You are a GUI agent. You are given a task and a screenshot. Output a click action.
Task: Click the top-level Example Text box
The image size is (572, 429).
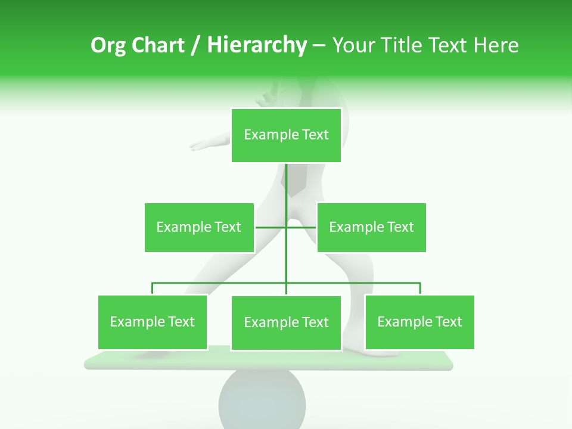(286, 135)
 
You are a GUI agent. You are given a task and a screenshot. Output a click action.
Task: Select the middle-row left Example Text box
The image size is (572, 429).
(199, 227)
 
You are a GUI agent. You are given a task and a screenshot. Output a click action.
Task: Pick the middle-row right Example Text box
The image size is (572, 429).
(371, 227)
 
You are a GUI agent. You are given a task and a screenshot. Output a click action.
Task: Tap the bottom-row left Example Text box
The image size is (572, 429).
(153, 322)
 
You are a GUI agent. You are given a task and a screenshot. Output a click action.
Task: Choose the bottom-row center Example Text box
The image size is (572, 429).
(286, 323)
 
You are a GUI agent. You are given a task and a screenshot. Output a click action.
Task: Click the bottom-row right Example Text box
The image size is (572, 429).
(419, 322)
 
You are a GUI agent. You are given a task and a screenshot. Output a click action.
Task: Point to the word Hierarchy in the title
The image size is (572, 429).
(257, 45)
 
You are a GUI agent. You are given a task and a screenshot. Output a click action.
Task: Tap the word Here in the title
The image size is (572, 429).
(496, 45)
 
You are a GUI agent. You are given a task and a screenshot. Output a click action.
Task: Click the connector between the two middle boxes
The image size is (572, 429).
(286, 227)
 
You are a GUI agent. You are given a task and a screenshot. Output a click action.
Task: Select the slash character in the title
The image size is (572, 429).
(195, 45)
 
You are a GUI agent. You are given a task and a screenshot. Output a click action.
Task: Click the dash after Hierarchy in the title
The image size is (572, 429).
(319, 46)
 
